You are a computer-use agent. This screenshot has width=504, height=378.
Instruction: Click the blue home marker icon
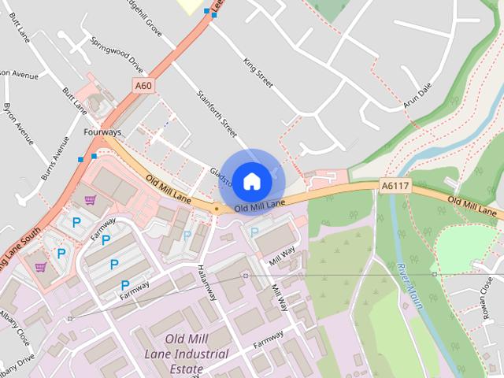point(251,181)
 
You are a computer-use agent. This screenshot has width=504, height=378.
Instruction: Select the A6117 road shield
point(395,186)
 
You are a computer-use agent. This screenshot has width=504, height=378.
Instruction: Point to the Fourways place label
point(102,132)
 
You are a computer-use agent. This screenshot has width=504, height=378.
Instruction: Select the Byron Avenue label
point(18,123)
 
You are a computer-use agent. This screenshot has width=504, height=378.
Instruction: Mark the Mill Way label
point(281,255)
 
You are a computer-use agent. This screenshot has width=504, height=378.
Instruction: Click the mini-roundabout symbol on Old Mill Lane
point(216,208)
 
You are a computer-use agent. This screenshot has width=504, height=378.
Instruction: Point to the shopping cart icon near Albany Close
point(40,266)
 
